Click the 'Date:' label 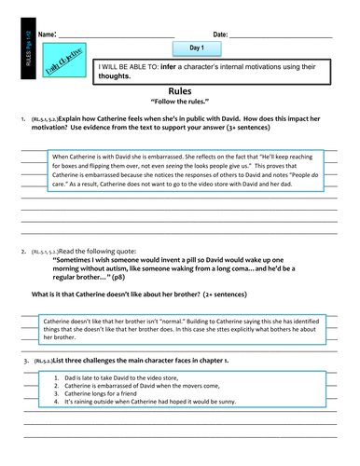pos(221,34)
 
